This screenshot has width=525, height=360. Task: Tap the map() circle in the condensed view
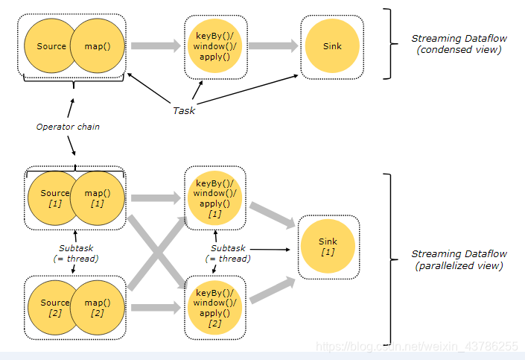(x=98, y=46)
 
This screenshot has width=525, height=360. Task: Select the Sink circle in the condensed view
(x=332, y=46)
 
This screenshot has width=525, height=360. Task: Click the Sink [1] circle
(x=328, y=247)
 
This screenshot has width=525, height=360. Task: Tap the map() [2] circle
(x=98, y=307)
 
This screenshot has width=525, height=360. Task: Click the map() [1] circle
(x=98, y=198)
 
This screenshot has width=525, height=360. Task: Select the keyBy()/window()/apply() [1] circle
(x=214, y=198)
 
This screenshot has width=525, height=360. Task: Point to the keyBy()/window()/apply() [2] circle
(x=214, y=307)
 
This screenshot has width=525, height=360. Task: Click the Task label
(x=184, y=110)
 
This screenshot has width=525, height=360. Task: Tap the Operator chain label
(x=68, y=127)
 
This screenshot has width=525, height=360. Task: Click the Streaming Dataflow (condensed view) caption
(x=459, y=44)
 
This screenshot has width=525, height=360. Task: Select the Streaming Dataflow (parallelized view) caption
(x=459, y=259)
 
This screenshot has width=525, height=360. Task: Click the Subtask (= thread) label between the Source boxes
(x=76, y=253)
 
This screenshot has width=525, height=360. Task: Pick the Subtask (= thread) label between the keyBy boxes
(x=228, y=253)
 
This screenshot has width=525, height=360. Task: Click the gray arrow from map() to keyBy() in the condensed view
(x=156, y=46)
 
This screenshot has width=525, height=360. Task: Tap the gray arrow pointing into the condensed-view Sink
(x=273, y=46)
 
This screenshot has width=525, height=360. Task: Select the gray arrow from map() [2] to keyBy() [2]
(x=156, y=307)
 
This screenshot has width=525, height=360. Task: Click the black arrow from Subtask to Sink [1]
(x=270, y=250)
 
